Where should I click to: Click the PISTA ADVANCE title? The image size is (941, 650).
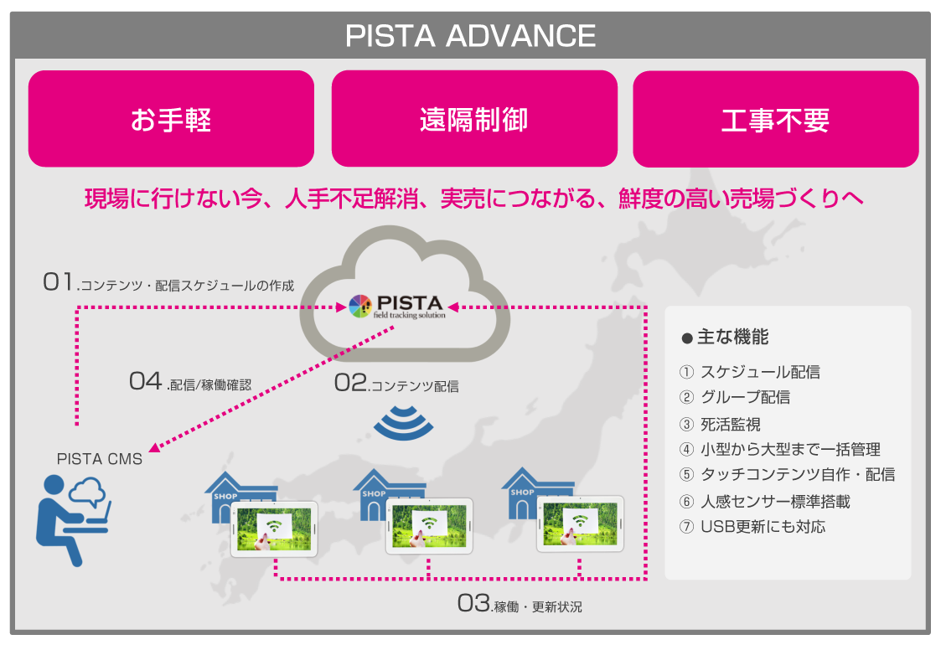(x=470, y=36)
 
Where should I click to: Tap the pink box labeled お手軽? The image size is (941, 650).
(x=171, y=119)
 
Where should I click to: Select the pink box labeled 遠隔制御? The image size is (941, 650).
(x=474, y=119)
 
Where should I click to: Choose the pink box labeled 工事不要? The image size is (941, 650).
(x=775, y=119)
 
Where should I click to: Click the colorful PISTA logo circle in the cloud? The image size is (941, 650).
(x=359, y=307)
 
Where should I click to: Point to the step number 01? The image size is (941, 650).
(x=59, y=283)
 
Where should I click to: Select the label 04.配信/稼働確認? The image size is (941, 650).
(x=190, y=382)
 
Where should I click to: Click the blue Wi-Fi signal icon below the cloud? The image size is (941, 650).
(x=404, y=423)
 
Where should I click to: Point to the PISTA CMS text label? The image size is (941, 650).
(x=100, y=459)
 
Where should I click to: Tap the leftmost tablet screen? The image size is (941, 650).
(x=274, y=529)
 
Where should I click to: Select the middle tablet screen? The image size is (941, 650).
(x=428, y=524)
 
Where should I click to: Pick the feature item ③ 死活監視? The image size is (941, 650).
(x=721, y=424)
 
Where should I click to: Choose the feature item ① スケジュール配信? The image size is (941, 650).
(x=749, y=372)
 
